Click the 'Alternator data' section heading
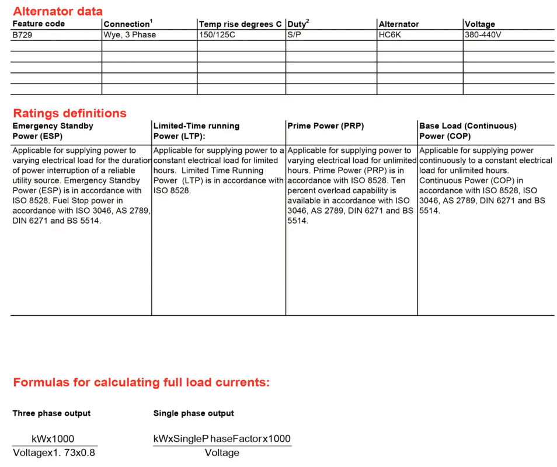click(58, 11)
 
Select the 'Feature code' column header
click(39, 24)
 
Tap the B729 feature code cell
click(23, 35)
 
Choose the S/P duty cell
click(295, 35)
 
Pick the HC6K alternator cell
click(391, 35)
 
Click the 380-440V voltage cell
click(483, 35)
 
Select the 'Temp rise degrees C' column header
click(240, 24)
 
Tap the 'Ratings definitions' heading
click(69, 113)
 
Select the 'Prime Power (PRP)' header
click(326, 126)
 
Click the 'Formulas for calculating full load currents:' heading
click(141, 383)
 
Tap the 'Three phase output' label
click(51, 413)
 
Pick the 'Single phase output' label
click(193, 413)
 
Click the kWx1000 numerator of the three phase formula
click(53, 439)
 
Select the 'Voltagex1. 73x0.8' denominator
click(54, 453)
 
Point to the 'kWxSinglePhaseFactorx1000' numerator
click(222, 439)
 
